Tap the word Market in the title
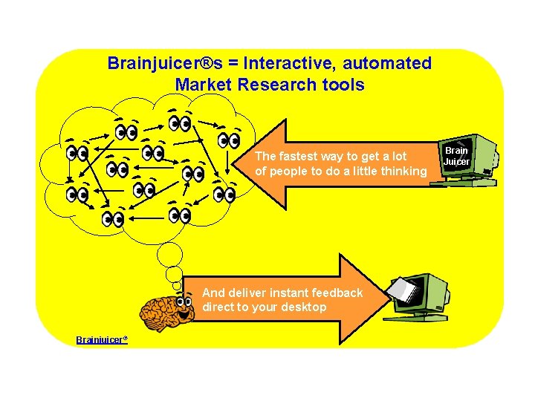tap(204, 85)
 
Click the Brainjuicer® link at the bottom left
tap(102, 339)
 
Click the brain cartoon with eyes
tap(170, 310)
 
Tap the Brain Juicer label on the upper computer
tap(456, 156)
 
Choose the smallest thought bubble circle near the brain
tap(177, 286)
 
